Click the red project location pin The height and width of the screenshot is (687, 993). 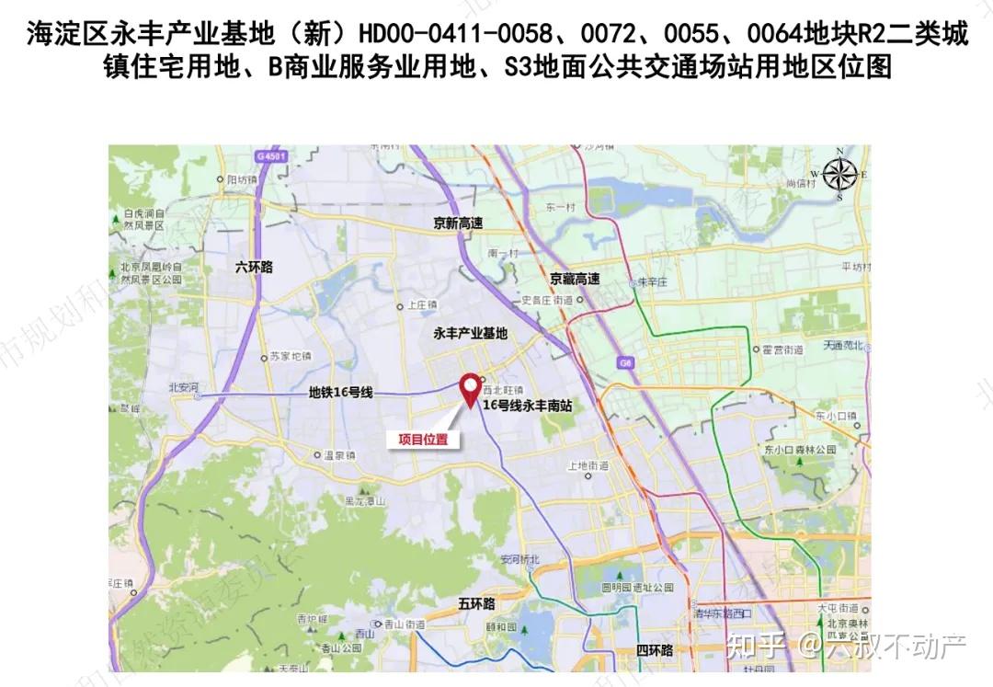tap(471, 389)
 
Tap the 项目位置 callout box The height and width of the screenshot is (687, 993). tap(423, 440)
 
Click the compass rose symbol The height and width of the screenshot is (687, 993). tap(839, 173)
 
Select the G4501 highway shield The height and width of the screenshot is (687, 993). tap(272, 157)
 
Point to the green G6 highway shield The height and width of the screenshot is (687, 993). tap(626, 362)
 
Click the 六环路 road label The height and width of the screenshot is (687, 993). tap(254, 268)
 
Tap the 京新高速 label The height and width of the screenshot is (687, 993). tap(459, 223)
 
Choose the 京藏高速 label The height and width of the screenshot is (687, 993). tap(575, 279)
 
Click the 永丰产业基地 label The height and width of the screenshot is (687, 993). tap(470, 334)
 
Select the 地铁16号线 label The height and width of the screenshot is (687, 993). tap(339, 393)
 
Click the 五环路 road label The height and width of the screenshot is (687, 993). tap(476, 603)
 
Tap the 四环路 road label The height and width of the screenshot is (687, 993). tap(655, 650)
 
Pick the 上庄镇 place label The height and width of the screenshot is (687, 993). tap(422, 305)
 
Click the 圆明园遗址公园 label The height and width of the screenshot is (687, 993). tap(630, 586)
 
